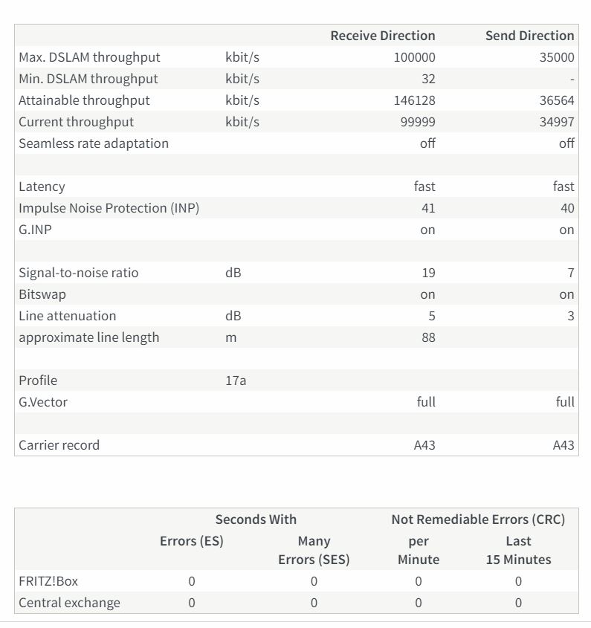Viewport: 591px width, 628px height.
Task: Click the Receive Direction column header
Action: [x=382, y=36]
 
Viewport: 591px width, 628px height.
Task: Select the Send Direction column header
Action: [x=529, y=36]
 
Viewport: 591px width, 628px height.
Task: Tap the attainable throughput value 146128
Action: [x=414, y=100]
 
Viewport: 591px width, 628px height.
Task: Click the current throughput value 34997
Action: [x=556, y=122]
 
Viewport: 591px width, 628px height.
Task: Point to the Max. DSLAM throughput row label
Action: [x=89, y=57]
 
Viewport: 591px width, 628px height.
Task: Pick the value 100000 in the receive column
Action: [x=414, y=57]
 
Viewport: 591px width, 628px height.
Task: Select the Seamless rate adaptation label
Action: [x=94, y=143]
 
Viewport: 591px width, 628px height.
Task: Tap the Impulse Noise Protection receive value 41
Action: [x=427, y=208]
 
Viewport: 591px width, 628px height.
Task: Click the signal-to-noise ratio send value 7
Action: [x=570, y=273]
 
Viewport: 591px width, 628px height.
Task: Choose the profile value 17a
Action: [x=236, y=381]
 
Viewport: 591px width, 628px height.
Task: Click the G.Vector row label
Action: [x=43, y=402]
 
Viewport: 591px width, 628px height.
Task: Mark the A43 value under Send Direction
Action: [x=563, y=445]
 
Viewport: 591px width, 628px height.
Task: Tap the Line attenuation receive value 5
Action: [x=431, y=316]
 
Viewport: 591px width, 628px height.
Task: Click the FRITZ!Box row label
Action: [x=48, y=581]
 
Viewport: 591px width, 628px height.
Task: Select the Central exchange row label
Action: [x=69, y=603]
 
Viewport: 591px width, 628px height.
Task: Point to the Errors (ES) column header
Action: [x=191, y=541]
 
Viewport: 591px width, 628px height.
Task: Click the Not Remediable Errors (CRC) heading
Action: [x=478, y=519]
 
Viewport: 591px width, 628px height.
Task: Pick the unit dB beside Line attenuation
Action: [x=233, y=316]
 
